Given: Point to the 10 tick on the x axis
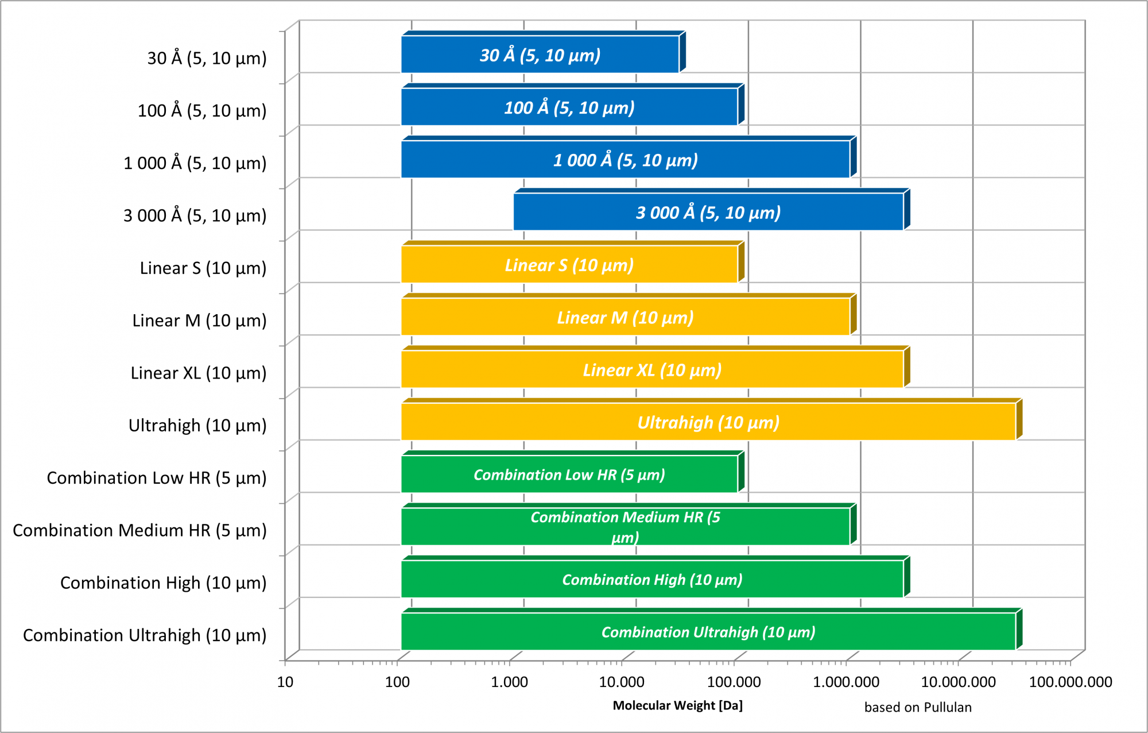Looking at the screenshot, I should [285, 682].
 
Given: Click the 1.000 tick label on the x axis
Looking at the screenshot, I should [509, 682].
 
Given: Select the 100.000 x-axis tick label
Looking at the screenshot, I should [734, 682].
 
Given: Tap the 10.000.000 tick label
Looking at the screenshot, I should [958, 682].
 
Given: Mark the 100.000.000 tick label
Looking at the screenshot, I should [1071, 682].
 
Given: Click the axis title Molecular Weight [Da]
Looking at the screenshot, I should [677, 705].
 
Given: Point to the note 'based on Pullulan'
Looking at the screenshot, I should [918, 707].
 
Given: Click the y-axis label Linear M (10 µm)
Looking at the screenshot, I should [199, 321].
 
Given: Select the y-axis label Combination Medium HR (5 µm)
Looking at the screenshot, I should [139, 530].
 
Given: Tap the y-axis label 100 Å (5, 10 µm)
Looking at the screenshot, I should [202, 110].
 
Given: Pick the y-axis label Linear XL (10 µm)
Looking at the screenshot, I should [199, 373].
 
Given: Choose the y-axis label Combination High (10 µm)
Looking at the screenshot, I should [164, 582].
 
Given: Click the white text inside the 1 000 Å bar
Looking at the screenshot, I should [625, 160].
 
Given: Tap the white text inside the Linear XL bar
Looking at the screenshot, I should [652, 370].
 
